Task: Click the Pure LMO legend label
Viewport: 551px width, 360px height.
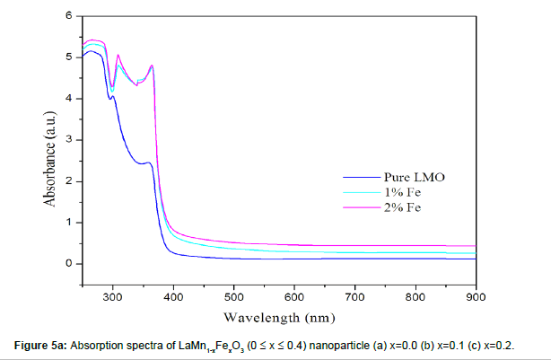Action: coord(415,177)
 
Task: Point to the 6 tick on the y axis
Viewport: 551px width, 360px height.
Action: coord(68,16)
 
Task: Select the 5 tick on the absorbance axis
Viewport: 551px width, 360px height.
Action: coord(68,57)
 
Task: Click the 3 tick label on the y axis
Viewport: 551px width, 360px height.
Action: coord(68,140)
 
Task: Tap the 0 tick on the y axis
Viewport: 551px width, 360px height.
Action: coord(68,264)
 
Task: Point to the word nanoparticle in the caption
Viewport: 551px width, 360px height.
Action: coord(336,345)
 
